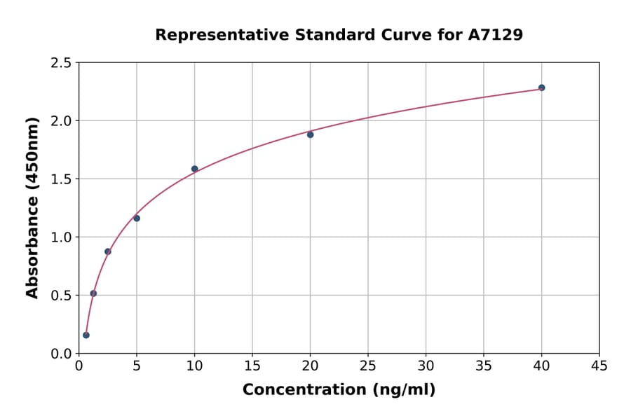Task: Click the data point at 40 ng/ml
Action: click(x=541, y=88)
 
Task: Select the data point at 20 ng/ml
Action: click(x=310, y=134)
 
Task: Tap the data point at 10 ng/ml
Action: click(x=194, y=169)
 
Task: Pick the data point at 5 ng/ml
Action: click(x=137, y=219)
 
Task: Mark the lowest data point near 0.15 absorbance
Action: click(x=86, y=335)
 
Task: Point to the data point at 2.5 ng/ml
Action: click(x=108, y=251)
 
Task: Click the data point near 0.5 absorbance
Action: click(x=93, y=293)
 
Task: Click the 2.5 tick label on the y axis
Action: click(x=62, y=63)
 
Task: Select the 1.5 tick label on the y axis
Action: click(x=62, y=179)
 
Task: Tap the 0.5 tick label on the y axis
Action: click(x=62, y=296)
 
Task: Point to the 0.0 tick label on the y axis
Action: click(x=62, y=354)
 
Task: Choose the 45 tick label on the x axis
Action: click(x=599, y=366)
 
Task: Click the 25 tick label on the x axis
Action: click(x=367, y=366)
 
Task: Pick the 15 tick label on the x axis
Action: click(x=252, y=366)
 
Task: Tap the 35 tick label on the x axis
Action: click(x=483, y=366)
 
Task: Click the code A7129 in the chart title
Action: click(x=495, y=35)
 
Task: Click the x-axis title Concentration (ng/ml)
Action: click(x=339, y=390)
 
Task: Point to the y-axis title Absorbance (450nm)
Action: click(x=32, y=207)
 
